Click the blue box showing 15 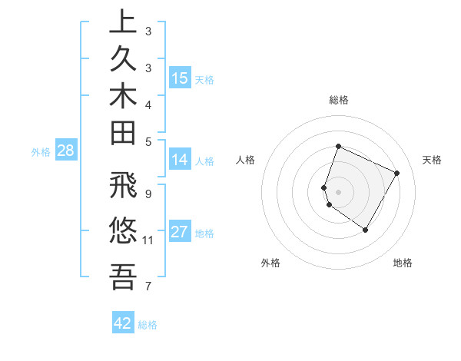click(180, 78)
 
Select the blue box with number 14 click(180, 160)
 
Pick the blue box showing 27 click(180, 232)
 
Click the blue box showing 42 click(123, 323)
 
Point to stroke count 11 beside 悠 click(148, 240)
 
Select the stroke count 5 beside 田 click(148, 141)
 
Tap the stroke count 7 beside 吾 click(148, 286)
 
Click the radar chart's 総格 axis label click(339, 100)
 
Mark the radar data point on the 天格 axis click(397, 173)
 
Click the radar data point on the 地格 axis click(366, 230)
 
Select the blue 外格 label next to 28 click(41, 152)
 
